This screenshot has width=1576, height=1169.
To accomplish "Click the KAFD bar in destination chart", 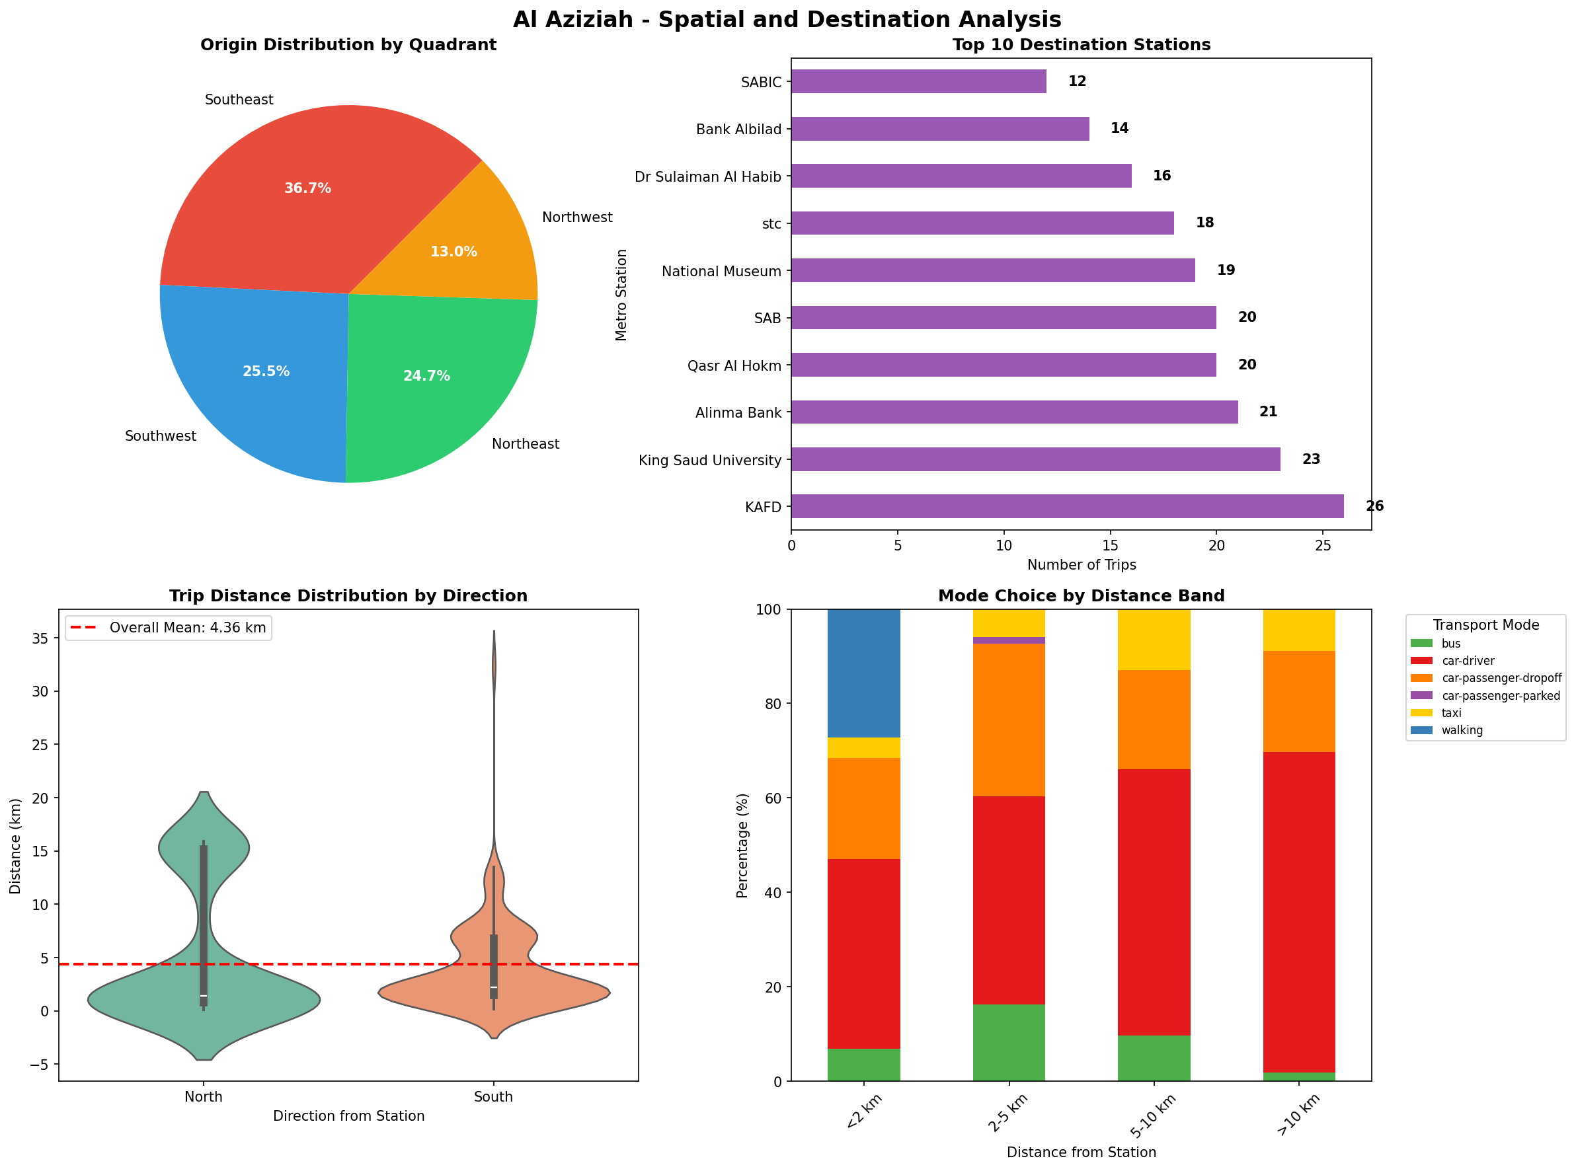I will tap(1066, 506).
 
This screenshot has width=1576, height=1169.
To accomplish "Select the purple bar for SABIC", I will tap(918, 81).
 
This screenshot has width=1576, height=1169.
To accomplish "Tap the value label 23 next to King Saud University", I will tap(1310, 459).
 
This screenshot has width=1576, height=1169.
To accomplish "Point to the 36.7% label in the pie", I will tap(307, 188).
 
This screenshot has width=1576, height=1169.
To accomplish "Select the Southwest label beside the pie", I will tap(160, 436).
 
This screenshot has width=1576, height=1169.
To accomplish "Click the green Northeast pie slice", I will tap(432, 382).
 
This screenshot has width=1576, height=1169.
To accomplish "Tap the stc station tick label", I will tap(771, 223).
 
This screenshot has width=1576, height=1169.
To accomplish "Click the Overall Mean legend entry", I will tap(169, 628).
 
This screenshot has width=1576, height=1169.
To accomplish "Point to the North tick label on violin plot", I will tap(203, 1097).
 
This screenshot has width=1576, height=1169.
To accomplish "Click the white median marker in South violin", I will tap(493, 987).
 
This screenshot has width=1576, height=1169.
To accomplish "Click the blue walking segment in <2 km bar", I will tap(863, 672).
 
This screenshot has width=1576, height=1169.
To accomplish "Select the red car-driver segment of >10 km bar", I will tap(1298, 913).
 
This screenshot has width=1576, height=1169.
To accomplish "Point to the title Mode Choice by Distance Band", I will tap(1080, 596).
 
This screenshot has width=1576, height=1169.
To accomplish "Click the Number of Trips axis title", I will tap(1080, 565).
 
